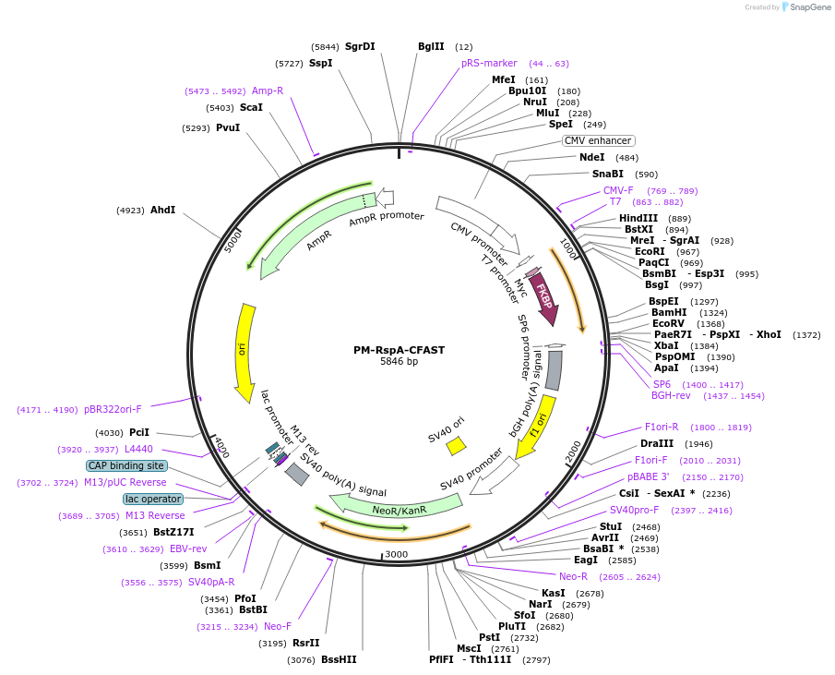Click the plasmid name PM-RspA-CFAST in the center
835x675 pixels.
tap(399, 350)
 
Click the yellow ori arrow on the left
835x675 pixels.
tap(245, 352)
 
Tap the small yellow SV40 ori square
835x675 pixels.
tap(456, 446)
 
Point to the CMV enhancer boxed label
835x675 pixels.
tap(598, 141)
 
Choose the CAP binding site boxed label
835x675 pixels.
tap(127, 465)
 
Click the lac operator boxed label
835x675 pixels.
tap(153, 499)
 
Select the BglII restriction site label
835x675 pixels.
tap(431, 46)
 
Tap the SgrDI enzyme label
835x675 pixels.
tap(360, 46)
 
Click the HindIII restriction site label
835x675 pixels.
tap(638, 218)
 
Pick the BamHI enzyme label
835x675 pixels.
tap(669, 312)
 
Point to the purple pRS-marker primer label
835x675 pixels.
tap(489, 63)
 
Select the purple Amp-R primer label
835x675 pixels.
tap(268, 90)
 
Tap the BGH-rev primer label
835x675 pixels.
tap(671, 395)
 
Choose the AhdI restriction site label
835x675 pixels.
tap(162, 210)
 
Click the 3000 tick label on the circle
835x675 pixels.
tap(396, 554)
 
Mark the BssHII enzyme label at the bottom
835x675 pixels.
tap(339, 659)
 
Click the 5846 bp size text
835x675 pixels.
tap(399, 362)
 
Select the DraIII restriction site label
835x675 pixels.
tap(656, 444)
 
